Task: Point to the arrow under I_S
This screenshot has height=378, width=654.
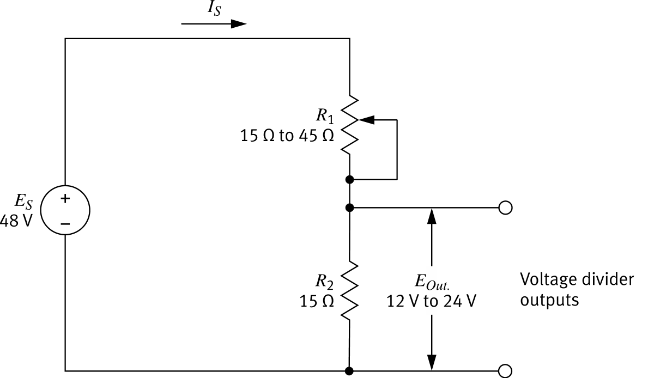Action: (214, 24)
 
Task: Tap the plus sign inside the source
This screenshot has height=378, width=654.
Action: (65, 199)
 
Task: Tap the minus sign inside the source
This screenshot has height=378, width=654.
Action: (65, 223)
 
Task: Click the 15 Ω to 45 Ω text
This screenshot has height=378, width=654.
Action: (287, 136)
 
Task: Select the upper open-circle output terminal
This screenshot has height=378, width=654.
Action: (505, 208)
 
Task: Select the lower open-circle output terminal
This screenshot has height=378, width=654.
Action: (505, 371)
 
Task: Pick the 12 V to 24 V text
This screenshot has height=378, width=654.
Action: (431, 301)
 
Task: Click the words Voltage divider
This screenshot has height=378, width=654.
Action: (577, 280)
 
